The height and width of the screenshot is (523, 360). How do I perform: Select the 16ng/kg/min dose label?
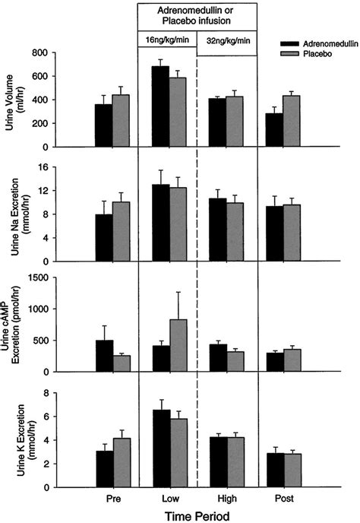[166, 40]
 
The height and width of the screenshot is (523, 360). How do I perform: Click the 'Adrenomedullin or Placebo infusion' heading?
[197, 17]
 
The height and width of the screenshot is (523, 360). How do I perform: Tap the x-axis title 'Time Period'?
[197, 515]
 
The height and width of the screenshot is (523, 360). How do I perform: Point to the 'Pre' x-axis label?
[113, 499]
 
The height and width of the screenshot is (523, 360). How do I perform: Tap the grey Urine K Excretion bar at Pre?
[122, 462]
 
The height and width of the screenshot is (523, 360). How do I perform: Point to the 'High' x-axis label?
[226, 499]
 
